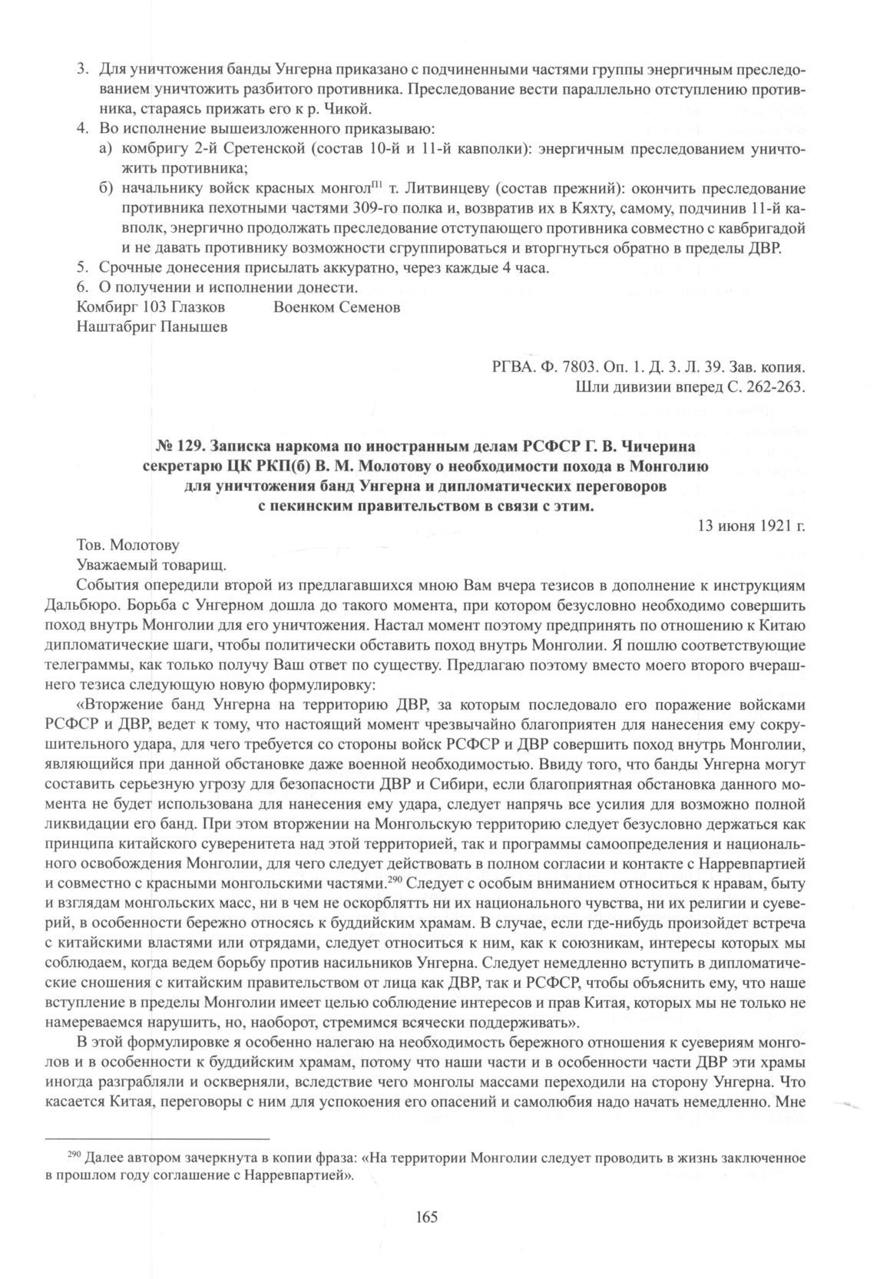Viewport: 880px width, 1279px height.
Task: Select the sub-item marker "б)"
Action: [108, 188]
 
